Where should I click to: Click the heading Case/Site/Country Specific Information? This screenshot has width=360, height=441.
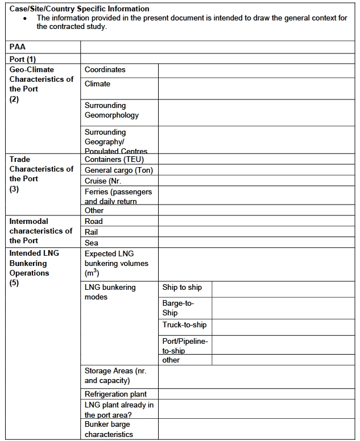pos(80,9)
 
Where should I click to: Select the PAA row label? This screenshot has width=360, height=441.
pos(18,47)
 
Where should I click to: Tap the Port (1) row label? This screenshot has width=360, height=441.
pos(23,59)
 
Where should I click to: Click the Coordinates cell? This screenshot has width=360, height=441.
pos(105,70)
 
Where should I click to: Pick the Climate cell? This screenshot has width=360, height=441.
pos(98,84)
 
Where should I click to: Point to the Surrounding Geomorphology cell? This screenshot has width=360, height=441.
pos(111,110)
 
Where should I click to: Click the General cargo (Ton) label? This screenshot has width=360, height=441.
pos(118,170)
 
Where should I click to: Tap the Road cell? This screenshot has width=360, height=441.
pos(94,221)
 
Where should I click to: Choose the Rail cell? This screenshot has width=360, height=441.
pos(92,232)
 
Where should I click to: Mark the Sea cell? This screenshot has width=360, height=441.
pos(92,243)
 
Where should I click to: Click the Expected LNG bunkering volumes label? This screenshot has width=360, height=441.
pos(116,263)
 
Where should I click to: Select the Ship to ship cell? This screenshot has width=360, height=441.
pos(182,288)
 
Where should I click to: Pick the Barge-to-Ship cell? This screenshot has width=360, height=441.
pos(178,308)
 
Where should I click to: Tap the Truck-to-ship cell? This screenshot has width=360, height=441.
pos(184,325)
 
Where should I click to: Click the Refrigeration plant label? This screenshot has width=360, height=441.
pos(115,394)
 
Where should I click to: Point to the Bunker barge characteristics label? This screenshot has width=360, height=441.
pos(109,429)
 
